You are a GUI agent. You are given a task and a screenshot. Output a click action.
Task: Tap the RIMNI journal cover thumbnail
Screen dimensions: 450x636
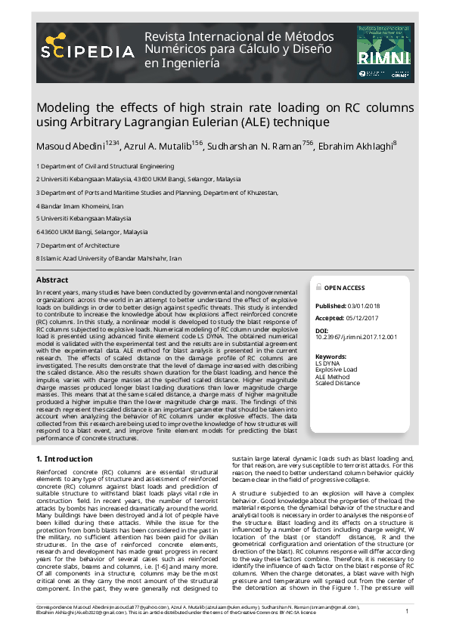pyautogui.click(x=385, y=52)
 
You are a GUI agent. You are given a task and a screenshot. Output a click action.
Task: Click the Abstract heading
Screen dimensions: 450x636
pyautogui.click(x=52, y=280)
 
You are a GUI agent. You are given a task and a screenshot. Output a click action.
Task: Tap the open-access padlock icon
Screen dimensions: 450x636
pyautogui.click(x=318, y=288)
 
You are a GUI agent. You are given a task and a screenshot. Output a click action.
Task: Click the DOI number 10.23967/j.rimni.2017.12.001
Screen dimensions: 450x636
pyautogui.click(x=355, y=338)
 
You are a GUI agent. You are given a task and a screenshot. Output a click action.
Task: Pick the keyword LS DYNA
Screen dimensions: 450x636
pyautogui.click(x=327, y=363)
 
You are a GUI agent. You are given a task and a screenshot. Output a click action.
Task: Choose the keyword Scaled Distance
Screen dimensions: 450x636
pyautogui.click(x=337, y=383)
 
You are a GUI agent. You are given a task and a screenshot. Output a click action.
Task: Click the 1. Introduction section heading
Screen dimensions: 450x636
pyautogui.click(x=66, y=458)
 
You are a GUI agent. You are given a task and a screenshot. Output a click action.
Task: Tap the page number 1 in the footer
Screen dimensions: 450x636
pyautogui.click(x=407, y=611)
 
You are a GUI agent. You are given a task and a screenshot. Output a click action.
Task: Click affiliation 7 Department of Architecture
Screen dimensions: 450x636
pyautogui.click(x=78, y=245)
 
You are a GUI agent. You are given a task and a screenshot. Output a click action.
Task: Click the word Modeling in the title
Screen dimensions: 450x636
pyautogui.click(x=64, y=107)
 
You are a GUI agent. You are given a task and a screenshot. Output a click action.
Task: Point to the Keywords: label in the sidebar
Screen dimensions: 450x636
pyautogui.click(x=331, y=356)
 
